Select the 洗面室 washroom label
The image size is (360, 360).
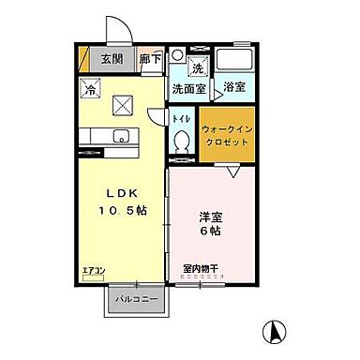tap(187, 89)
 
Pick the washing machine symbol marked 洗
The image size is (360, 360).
tap(198, 68)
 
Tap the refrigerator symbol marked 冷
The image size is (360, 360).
tap(91, 91)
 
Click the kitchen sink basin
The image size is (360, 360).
tap(120, 138)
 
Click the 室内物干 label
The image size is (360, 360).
tap(200, 267)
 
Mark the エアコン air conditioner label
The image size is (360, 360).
tap(95, 271)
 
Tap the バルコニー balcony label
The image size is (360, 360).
tap(136, 300)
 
